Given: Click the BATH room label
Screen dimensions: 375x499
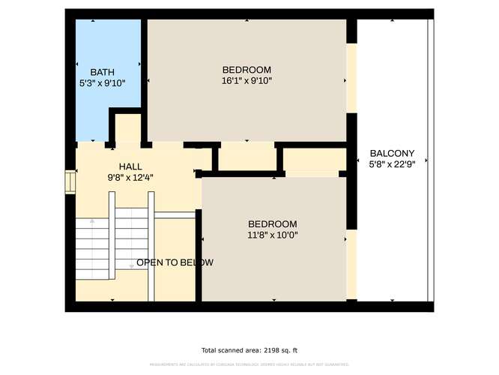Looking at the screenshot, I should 102,72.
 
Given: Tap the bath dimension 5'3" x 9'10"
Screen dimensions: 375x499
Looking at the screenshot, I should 102,83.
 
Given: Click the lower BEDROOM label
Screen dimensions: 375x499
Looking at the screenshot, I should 273,223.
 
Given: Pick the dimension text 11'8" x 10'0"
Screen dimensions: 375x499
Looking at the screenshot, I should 273,235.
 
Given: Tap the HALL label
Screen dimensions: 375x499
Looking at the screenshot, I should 130,166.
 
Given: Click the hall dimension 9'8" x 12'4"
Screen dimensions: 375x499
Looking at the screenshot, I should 130,178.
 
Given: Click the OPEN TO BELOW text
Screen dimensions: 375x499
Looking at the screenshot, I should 175,262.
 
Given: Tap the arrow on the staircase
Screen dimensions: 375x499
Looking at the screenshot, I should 92,222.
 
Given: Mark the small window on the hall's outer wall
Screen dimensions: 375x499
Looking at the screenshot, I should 71,181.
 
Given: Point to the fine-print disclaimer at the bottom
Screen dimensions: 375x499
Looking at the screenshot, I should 250,364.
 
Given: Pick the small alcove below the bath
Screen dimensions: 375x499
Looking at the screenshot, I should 127,129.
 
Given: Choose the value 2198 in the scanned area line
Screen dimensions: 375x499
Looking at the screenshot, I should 267,350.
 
